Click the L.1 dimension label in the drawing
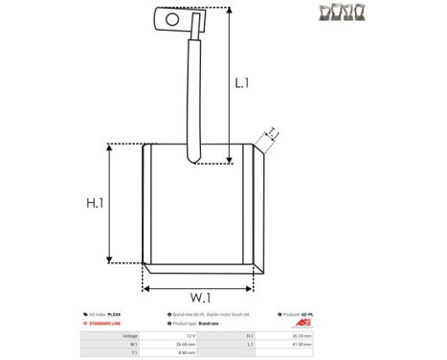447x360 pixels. pos(242,83)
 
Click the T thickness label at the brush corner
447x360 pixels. pos(272,133)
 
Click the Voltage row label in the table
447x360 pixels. pos(130,336)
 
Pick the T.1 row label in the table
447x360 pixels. pos(133,352)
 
